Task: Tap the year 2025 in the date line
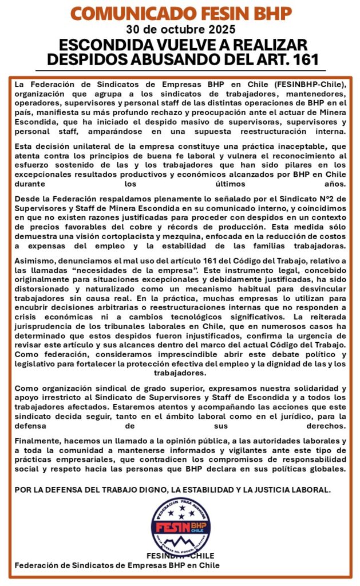click(221, 29)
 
